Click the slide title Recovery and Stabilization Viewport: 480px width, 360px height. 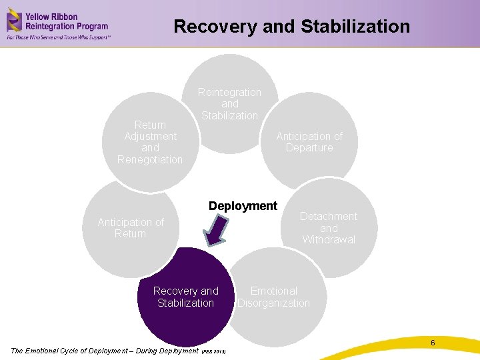(291, 27)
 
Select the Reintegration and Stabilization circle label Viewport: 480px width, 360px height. (229, 104)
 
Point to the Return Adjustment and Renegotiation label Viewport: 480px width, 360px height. (150, 142)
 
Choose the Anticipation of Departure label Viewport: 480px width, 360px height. (309, 141)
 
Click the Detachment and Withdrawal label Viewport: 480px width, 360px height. (329, 228)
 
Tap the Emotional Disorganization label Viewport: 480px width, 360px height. (273, 297)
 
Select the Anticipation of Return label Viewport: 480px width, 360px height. (131, 228)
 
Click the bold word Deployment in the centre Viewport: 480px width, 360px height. (243, 206)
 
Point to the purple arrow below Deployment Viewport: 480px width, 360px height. (216, 231)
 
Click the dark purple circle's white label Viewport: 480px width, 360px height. (185, 297)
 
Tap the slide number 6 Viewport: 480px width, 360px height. (433, 343)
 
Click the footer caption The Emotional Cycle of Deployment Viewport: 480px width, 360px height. (105, 351)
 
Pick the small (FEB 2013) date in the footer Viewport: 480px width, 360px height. (214, 351)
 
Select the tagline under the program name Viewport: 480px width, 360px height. (59, 37)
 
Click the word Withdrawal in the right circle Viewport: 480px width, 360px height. (329, 239)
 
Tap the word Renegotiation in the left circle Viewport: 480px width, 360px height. (150, 159)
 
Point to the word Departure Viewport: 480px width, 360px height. (309, 147)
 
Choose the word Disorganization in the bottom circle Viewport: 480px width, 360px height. (274, 303)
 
